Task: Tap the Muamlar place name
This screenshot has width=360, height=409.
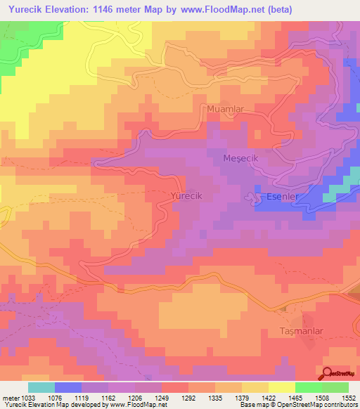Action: pos(225,109)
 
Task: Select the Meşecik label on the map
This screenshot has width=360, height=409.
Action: pos(241,158)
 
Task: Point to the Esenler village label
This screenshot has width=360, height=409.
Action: pos(283,197)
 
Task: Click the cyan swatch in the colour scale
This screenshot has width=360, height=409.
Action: pos(41,387)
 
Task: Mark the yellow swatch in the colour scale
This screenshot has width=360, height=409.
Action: pos(281,387)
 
